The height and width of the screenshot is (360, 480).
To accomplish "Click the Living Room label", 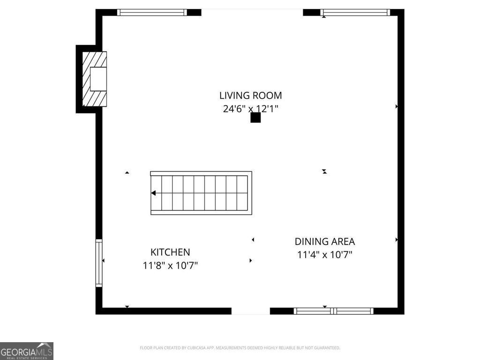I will click(x=251, y=96).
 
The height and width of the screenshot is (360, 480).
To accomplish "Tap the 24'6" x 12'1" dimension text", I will click(x=251, y=109).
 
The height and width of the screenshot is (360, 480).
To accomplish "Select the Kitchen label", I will click(x=170, y=252).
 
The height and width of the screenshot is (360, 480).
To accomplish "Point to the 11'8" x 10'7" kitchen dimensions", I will click(x=170, y=266).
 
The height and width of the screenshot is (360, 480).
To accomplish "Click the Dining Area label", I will click(x=324, y=241).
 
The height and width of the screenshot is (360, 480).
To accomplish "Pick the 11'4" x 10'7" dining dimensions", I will click(x=324, y=255).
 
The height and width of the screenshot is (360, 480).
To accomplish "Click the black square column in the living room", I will click(x=255, y=117).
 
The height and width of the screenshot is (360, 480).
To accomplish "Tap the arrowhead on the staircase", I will click(x=153, y=193).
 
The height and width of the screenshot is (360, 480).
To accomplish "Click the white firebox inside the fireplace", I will click(x=98, y=79).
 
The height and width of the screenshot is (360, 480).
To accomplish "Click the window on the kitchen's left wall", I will click(x=99, y=262).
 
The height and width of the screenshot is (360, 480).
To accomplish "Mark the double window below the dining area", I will click(x=333, y=311).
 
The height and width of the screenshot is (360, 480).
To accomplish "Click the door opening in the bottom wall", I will click(x=250, y=311).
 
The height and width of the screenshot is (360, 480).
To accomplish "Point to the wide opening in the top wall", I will click(x=252, y=12).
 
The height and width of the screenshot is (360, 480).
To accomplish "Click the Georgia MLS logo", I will click(x=27, y=351).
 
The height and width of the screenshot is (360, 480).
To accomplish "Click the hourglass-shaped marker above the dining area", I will click(x=324, y=172).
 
